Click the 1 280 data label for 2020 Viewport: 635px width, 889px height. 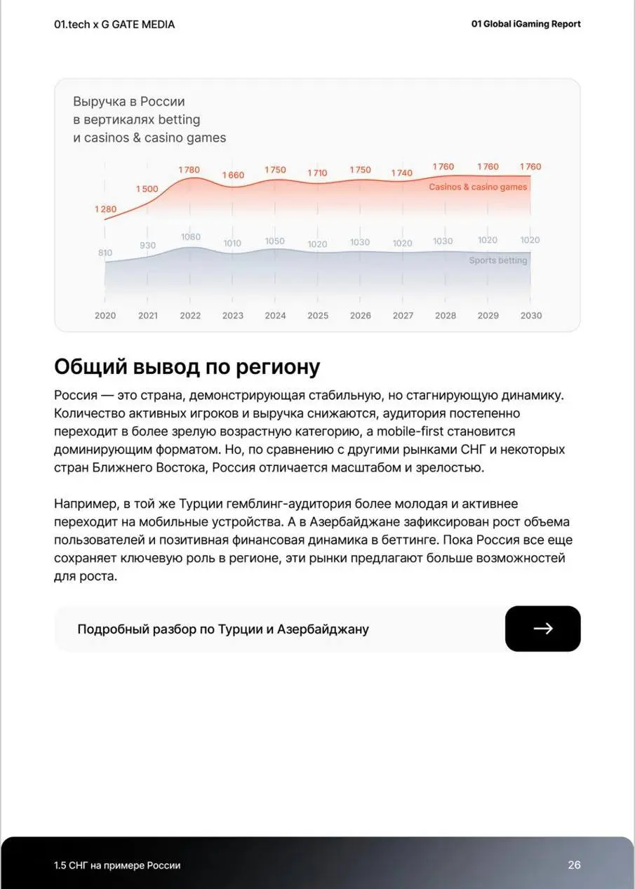pos(105,209)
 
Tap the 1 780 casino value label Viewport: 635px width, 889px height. pos(189,170)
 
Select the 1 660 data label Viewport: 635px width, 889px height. pos(233,175)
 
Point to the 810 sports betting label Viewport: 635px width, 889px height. pos(105,253)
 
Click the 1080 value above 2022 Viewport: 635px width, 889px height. pos(190,237)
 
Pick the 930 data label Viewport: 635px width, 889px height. pos(147,246)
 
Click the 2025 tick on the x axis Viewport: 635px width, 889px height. pos(318,316)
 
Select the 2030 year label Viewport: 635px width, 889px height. pos(530,316)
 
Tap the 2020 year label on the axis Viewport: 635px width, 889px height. pos(105,316)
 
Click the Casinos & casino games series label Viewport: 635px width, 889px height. pos(478,187)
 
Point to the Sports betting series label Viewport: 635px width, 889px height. pos(497,260)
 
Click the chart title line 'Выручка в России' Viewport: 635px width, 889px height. pos(129,102)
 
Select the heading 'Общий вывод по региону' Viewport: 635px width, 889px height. pos(187,367)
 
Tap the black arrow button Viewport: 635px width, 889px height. pos(542,629)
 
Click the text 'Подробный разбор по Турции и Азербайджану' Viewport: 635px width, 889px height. pos(222,629)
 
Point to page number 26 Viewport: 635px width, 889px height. pos(574,865)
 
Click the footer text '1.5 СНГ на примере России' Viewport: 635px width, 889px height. pos(117,866)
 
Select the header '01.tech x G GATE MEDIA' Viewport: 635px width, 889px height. pos(114,25)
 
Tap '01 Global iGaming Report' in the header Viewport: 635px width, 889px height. pos(526,25)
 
